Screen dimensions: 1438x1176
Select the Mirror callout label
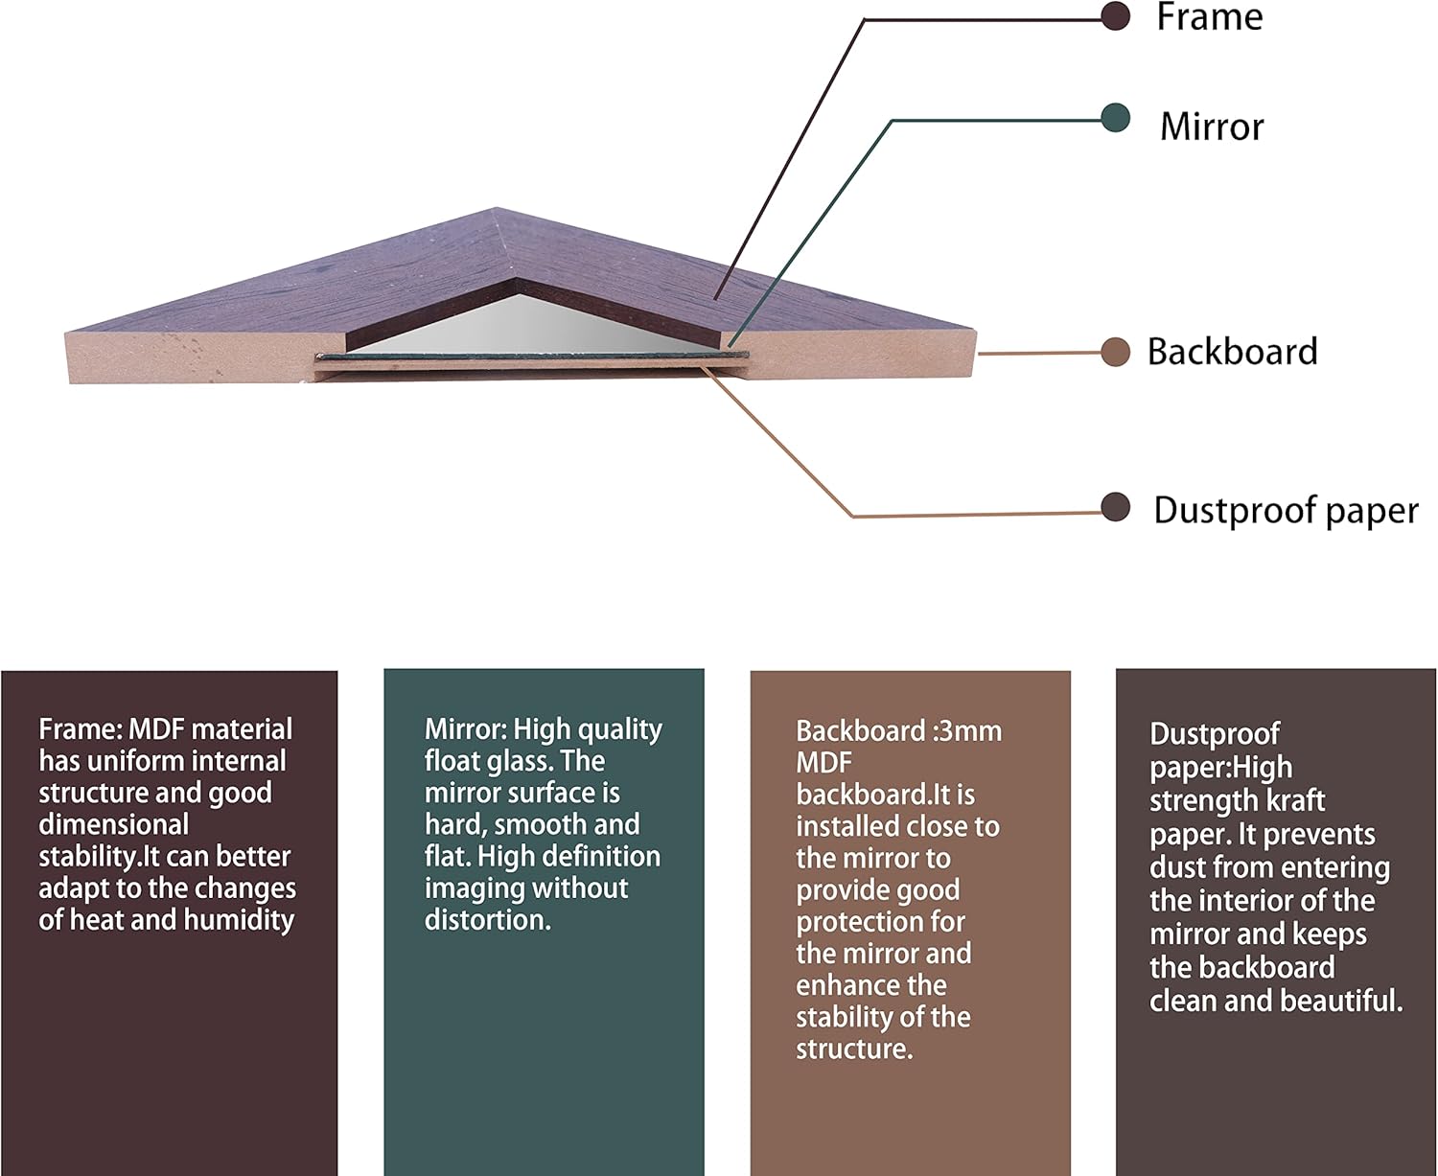pyautogui.click(x=1212, y=127)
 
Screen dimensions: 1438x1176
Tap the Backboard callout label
pyautogui.click(x=1232, y=352)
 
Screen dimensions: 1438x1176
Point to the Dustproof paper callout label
pyautogui.click(x=1286, y=511)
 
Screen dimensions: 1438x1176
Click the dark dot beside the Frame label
pyautogui.click(x=1116, y=16)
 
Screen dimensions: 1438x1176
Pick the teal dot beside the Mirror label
pyautogui.click(x=1116, y=118)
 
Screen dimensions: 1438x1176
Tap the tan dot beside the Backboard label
pyautogui.click(x=1116, y=352)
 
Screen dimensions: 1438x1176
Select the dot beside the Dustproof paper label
pyautogui.click(x=1116, y=507)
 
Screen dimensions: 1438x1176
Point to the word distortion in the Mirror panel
pyautogui.click(x=488, y=920)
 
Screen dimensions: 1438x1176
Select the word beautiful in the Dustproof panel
pyautogui.click(x=1341, y=1001)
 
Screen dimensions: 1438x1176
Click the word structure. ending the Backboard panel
pyautogui.click(x=854, y=1049)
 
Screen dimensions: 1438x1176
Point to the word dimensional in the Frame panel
pyautogui.click(x=114, y=825)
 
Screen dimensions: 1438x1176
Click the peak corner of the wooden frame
pyautogui.click(x=496, y=209)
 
